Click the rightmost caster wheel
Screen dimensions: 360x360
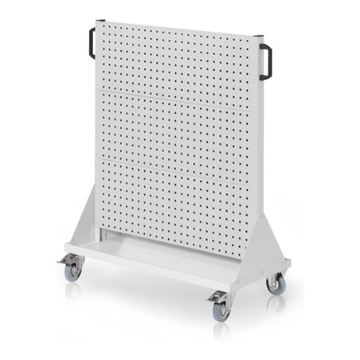coord(276,284)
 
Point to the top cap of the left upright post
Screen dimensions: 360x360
coord(100,22)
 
